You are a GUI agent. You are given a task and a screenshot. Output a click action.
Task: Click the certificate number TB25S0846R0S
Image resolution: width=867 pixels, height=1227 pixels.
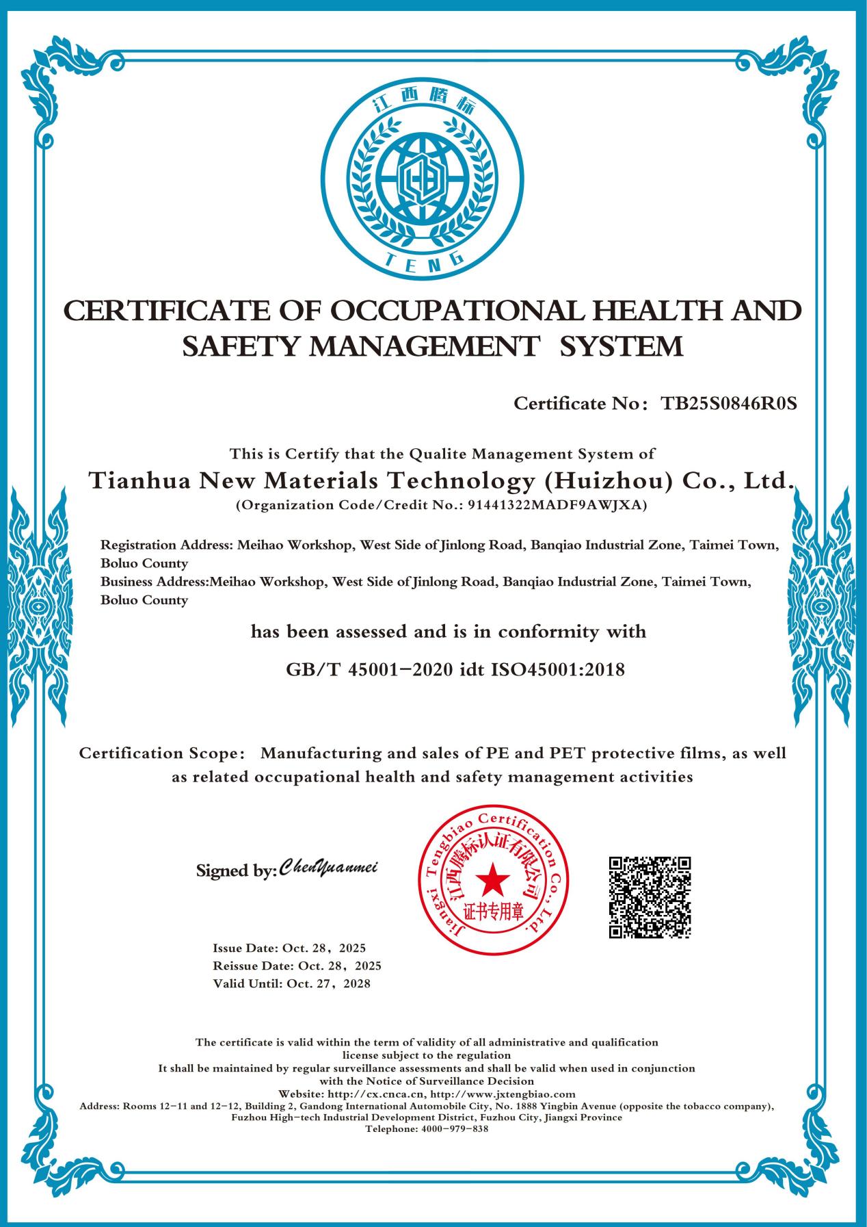point(729,403)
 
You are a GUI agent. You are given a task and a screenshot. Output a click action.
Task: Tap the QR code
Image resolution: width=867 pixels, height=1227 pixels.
point(650,896)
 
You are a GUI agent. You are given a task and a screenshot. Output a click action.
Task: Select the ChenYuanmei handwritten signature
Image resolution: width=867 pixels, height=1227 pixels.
point(329,867)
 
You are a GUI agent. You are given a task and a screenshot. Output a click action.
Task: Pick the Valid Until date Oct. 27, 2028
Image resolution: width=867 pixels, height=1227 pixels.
point(329,983)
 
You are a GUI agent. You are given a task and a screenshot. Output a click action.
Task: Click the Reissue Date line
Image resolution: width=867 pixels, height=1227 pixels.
point(297,966)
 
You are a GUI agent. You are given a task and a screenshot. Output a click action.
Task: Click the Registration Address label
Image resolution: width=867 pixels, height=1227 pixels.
point(166,545)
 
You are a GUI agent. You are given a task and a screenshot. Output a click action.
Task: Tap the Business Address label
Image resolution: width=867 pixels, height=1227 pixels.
point(154,582)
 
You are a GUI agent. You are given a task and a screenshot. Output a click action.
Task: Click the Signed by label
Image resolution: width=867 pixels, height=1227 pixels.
point(237,871)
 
